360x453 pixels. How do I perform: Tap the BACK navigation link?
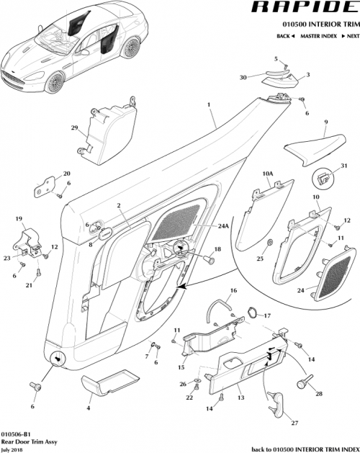pyautogui.click(x=286, y=35)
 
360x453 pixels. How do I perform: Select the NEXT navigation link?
pyautogui.click(x=348, y=35)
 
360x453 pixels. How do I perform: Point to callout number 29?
pyautogui.click(x=73, y=127)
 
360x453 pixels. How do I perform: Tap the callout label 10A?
pyautogui.click(x=267, y=174)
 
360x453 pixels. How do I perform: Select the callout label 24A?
pyautogui.click(x=222, y=225)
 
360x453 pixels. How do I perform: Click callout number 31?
pyautogui.click(x=343, y=166)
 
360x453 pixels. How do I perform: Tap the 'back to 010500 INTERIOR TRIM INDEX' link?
pyautogui.click(x=302, y=448)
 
